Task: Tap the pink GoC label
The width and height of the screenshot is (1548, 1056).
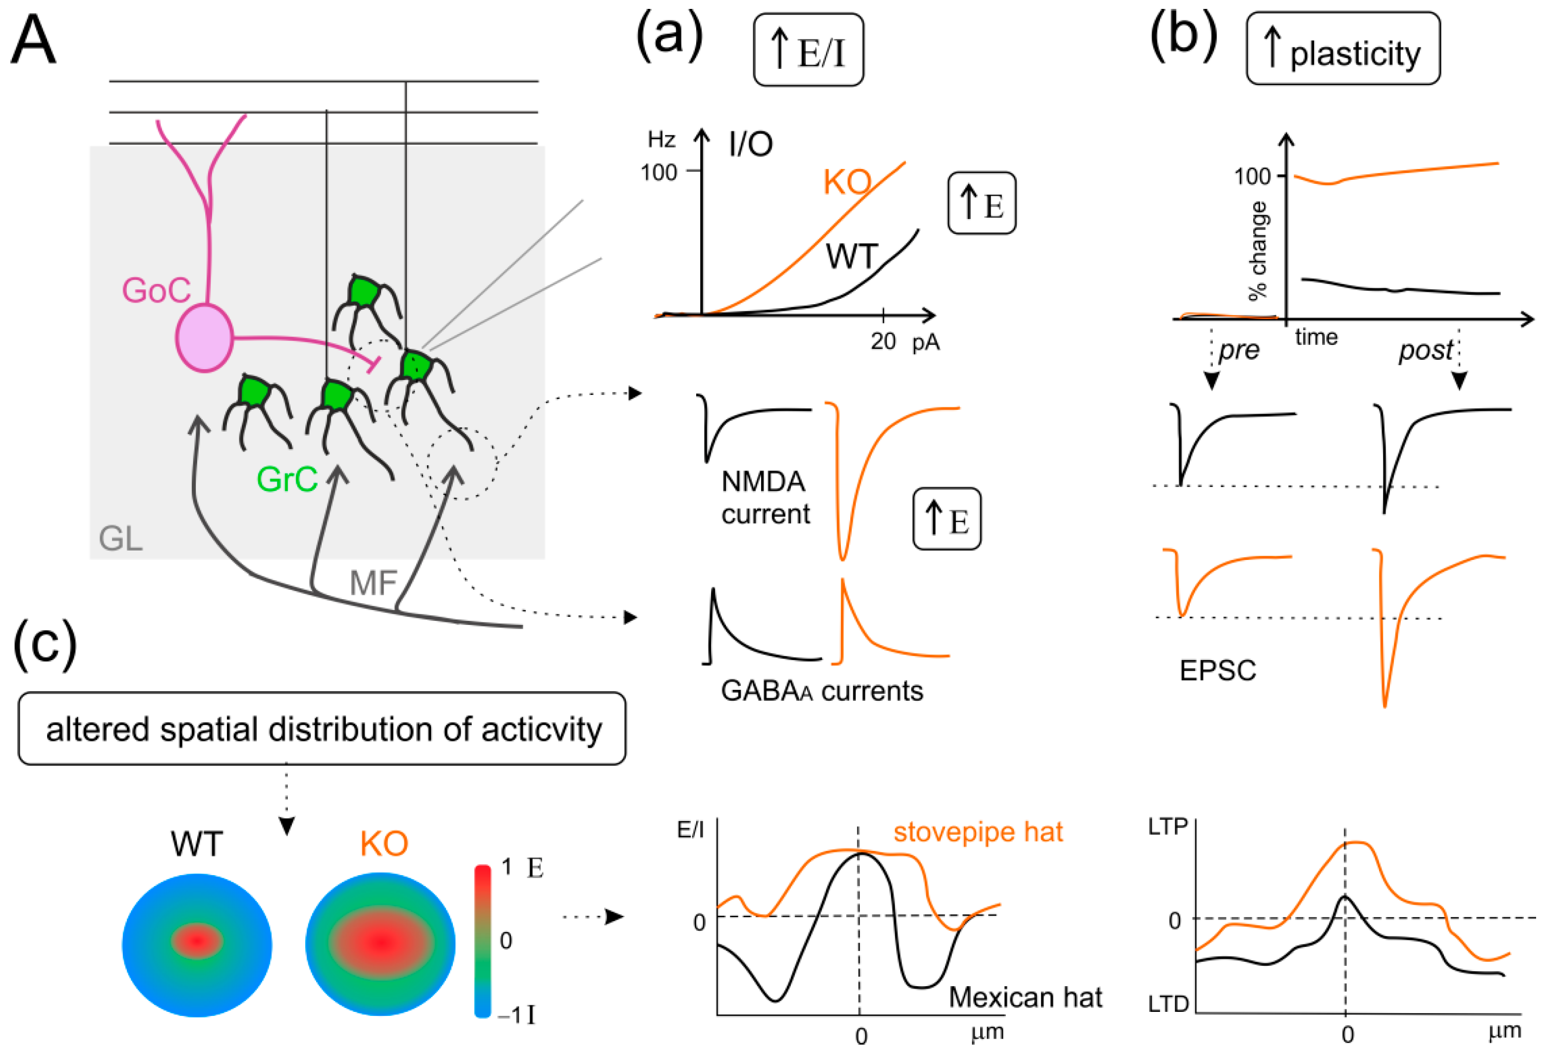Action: click(156, 290)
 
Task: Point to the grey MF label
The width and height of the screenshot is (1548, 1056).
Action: click(373, 584)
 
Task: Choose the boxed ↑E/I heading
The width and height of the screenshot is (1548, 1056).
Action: click(808, 50)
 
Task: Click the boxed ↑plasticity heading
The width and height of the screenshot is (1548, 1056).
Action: click(1343, 49)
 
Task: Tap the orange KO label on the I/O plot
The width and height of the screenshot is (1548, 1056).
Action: click(847, 182)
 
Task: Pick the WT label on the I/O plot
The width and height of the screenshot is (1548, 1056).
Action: click(852, 256)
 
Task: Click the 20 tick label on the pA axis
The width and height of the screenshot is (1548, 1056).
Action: click(883, 341)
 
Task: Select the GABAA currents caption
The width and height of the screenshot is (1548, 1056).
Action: click(821, 691)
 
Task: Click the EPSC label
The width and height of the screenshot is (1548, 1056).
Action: click(1217, 670)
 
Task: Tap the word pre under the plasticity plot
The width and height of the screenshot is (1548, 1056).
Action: click(1239, 350)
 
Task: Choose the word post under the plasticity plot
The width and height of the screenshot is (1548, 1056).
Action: click(1426, 350)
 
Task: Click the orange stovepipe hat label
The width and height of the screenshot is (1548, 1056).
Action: click(978, 832)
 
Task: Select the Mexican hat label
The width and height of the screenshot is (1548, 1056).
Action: click(1025, 997)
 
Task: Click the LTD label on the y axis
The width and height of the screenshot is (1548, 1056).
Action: click(1168, 1004)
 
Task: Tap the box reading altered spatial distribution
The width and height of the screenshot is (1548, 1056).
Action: click(323, 729)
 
